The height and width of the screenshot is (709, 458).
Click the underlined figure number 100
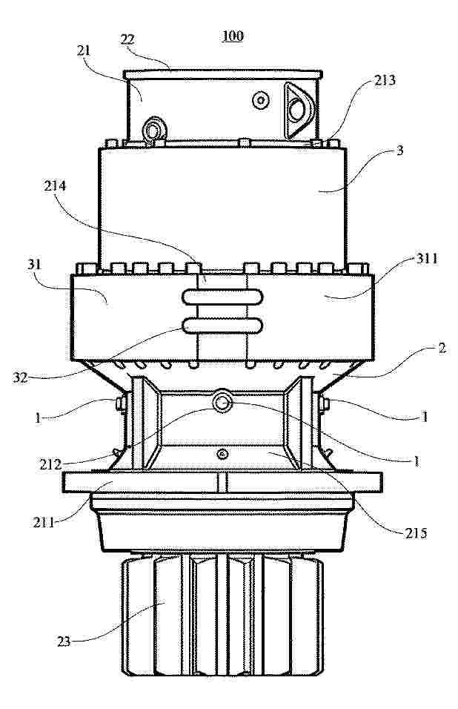pos(233,36)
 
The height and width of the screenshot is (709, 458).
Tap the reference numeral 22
pos(127,39)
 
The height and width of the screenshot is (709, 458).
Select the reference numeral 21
pos(84,50)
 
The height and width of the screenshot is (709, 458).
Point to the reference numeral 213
pos(385,80)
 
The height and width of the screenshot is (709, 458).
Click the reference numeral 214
pos(55,186)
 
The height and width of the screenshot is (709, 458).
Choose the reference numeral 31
pos(34,264)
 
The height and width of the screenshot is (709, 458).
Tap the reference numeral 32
pos(20,377)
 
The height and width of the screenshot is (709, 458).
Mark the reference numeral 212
pos(50,464)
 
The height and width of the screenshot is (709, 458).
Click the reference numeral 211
pos(44,523)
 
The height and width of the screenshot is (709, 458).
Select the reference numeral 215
pos(416,533)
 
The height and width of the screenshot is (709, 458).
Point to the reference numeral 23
pos(64,642)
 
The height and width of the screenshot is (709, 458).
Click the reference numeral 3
pos(399,151)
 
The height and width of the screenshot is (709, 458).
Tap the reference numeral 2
pos(442,348)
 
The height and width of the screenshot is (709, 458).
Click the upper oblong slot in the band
pos(222,297)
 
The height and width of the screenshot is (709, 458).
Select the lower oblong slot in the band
pos(222,326)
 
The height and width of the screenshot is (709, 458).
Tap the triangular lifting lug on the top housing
pos(298,111)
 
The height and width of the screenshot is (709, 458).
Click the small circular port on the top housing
pos(261,100)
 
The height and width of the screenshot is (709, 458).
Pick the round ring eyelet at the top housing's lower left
pos(154,131)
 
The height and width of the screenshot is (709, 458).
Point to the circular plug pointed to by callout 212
pos(222,401)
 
